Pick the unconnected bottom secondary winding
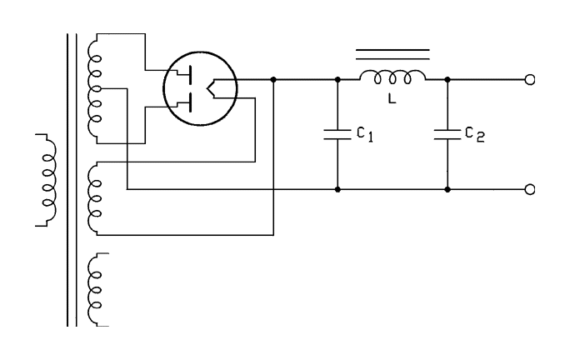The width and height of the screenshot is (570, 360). click(x=94, y=287)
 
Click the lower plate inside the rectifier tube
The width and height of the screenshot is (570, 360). click(x=191, y=102)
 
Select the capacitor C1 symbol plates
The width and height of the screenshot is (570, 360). click(x=337, y=135)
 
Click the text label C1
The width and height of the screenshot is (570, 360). click(x=362, y=135)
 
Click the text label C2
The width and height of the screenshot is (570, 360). click(x=473, y=135)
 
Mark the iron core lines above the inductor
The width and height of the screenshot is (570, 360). click(x=392, y=55)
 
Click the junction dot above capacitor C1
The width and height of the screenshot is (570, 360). click(x=337, y=81)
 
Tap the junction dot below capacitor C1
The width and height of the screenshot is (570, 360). click(x=337, y=189)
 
